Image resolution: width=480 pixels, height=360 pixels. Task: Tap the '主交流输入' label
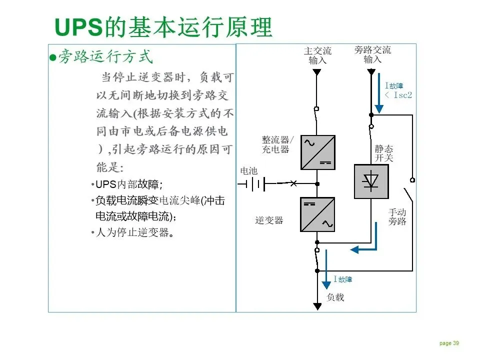(317, 55)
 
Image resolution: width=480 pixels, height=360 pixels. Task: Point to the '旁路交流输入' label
(372, 54)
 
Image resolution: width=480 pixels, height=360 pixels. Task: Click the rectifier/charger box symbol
(317, 152)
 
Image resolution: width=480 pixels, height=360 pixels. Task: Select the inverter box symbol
(317, 214)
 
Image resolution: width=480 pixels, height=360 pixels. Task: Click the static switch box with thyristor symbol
(371, 181)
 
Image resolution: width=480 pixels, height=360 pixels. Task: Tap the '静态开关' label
(384, 153)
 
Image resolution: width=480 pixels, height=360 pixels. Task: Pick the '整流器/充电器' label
(278, 144)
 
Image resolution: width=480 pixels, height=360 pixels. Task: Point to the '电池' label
(249, 171)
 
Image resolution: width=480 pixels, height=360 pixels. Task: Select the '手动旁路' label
(397, 217)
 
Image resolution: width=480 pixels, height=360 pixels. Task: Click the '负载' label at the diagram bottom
(335, 297)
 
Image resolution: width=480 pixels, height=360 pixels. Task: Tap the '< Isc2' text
(398, 95)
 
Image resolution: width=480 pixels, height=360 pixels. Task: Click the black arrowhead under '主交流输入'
(316, 72)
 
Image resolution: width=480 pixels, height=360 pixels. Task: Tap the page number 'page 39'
(449, 343)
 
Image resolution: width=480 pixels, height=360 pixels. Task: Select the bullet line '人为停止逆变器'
(134, 232)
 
